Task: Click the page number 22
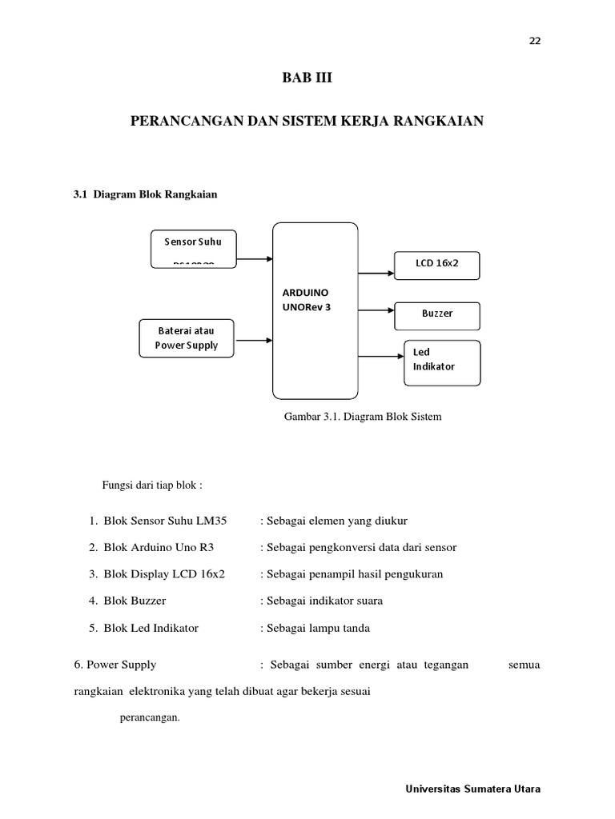pyautogui.click(x=535, y=42)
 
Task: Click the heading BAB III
pyautogui.click(x=307, y=78)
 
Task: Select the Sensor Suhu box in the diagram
pyautogui.click(x=193, y=248)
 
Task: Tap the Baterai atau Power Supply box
pyautogui.click(x=187, y=338)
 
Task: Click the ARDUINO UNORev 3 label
pyautogui.click(x=305, y=299)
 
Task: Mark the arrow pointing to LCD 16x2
pyautogui.click(x=376, y=273)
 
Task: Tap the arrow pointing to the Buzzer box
pyautogui.click(x=376, y=308)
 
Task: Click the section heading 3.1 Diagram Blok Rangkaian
pyautogui.click(x=145, y=194)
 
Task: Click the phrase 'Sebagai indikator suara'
pyautogui.click(x=324, y=601)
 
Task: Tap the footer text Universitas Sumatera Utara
pyautogui.click(x=473, y=789)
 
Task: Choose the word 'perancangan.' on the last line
pyautogui.click(x=150, y=717)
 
